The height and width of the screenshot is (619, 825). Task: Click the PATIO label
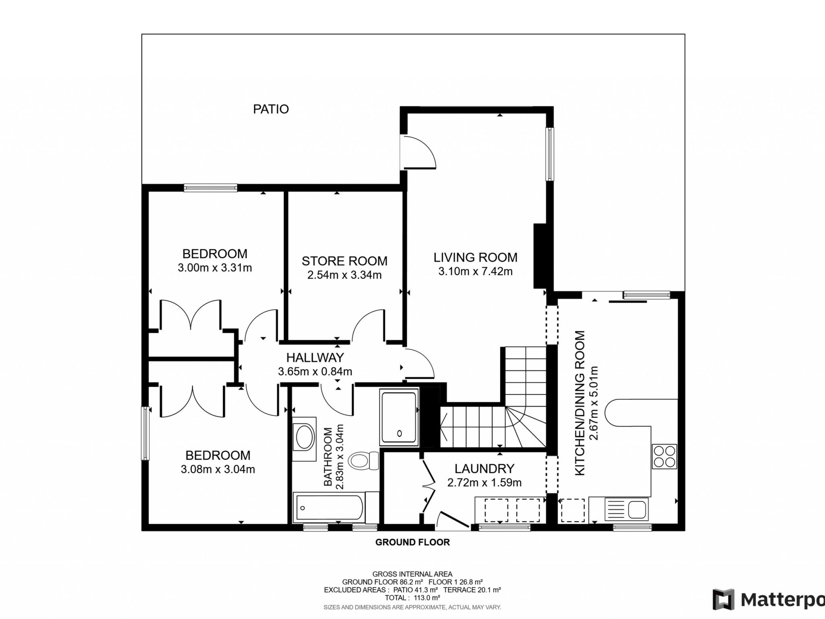271,109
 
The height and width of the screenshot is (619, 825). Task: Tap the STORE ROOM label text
344,261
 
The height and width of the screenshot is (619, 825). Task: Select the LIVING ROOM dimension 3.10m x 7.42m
475,271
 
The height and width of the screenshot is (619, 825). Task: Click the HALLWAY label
315,357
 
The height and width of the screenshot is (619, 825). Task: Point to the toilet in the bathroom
363,460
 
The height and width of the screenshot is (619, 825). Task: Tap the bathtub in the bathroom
330,507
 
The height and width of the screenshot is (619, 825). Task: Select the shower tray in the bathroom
399,418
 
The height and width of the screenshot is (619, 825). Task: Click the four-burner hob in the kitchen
664,457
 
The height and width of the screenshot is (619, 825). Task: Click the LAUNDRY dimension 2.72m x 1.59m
484,482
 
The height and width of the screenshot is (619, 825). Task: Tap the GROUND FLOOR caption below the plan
412,542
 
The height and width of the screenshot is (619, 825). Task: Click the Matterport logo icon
724,599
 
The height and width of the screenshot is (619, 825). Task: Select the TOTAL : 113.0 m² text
412,598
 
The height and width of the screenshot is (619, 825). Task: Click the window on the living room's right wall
549,154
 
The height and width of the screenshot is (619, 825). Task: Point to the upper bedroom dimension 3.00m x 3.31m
215,268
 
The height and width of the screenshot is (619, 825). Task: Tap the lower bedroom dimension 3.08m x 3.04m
218,469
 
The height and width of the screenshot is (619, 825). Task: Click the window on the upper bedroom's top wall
210,187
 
